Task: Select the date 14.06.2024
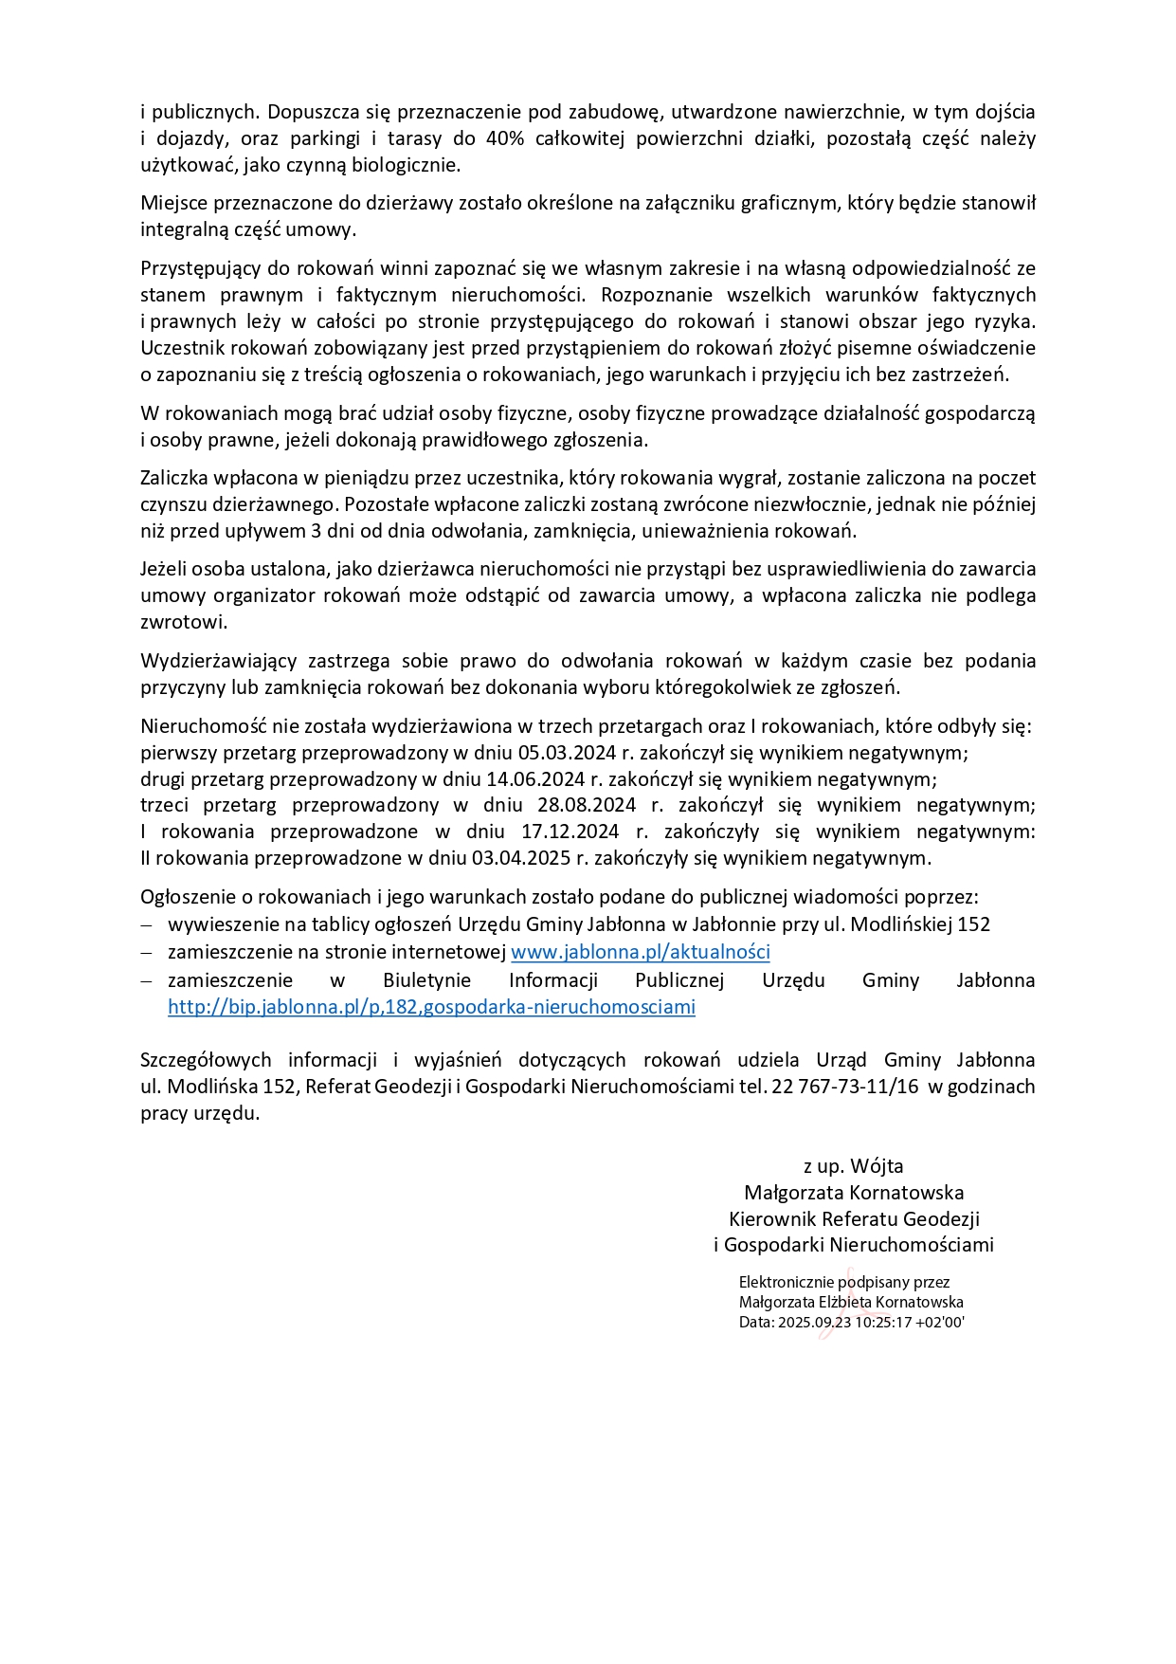[535, 779]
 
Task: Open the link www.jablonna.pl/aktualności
[640, 952]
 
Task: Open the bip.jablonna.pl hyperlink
[431, 1007]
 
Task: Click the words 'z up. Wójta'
[853, 1166]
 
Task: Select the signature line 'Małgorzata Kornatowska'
[853, 1193]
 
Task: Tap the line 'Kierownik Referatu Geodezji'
[853, 1219]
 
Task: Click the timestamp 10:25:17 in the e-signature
[883, 1323]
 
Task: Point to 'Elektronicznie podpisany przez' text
[843, 1282]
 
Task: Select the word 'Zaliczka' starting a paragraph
[174, 478]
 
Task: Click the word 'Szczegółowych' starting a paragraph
[206, 1060]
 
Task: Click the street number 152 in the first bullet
[973, 924]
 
